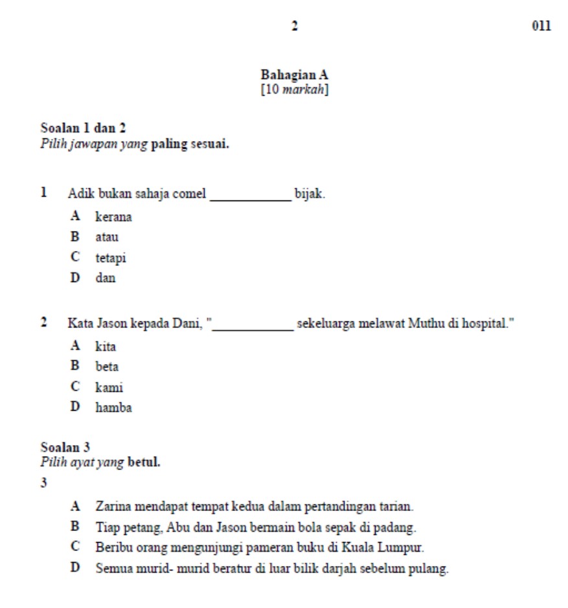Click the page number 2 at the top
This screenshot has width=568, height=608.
295,27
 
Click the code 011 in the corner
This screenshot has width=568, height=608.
541,27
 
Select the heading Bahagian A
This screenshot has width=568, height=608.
295,75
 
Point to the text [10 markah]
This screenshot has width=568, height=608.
295,87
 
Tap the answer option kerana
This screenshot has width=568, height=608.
113,217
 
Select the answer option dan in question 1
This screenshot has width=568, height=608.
106,278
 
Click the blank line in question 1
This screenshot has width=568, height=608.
251,194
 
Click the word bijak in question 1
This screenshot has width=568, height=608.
309,193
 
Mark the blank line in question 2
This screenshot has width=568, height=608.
253,324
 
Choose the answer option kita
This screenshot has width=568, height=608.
106,347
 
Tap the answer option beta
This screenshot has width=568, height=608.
107,367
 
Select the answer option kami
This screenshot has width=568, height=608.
109,387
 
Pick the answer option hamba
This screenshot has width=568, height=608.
113,407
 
